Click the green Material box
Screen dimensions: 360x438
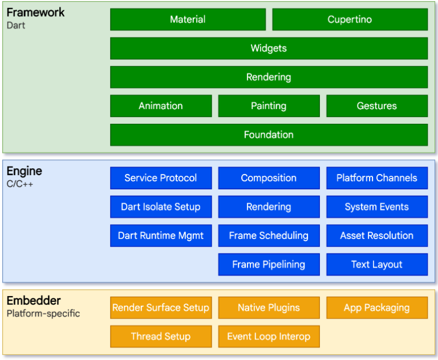188,19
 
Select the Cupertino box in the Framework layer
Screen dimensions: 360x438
350,19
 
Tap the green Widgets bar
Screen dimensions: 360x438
269,48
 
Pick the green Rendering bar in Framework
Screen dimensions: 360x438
269,77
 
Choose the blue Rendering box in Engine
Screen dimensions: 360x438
269,207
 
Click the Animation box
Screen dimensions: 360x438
161,106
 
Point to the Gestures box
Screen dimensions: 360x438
376,106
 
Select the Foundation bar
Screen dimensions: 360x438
269,135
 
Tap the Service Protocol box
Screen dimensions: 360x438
161,178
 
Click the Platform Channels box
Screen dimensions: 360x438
376,178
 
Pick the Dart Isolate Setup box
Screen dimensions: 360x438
161,207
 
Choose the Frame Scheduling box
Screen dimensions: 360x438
269,236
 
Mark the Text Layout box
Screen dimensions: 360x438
376,264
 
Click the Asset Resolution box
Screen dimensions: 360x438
376,236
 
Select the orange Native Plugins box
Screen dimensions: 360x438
269,308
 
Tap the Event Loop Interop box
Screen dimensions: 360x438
269,337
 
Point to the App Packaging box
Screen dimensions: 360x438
376,308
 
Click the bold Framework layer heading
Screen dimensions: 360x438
35,12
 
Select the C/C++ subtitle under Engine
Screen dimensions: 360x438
20,184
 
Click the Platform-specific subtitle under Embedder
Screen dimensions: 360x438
43,313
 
